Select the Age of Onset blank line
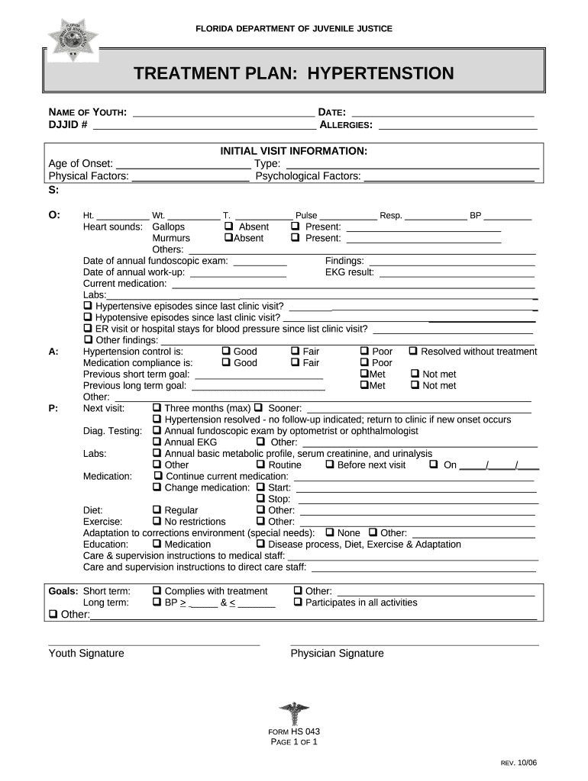tap(183, 163)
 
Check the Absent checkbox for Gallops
tap(228, 227)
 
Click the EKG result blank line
tap(457, 272)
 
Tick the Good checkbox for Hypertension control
tap(226, 352)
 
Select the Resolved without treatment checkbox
tap(413, 352)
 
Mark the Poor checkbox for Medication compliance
tap(364, 363)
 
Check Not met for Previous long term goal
tap(415, 385)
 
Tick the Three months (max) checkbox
tap(157, 408)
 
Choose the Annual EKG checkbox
tap(157, 442)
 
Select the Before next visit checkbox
tap(330, 464)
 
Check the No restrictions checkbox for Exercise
tap(157, 522)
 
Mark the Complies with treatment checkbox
tap(157, 591)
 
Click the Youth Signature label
tap(86, 654)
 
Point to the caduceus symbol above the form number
tap(294, 715)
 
